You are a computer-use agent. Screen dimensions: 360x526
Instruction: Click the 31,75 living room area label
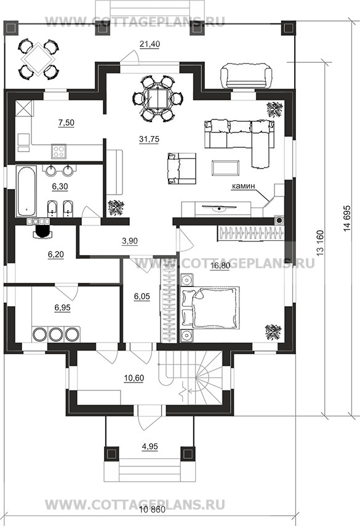coord(149,139)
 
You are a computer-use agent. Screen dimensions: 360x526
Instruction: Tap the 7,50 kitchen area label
coord(66,123)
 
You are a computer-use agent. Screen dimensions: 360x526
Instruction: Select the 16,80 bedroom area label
coord(220,265)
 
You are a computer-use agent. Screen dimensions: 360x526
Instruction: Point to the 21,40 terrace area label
coord(150,44)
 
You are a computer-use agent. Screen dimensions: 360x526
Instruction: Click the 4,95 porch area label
coord(150,447)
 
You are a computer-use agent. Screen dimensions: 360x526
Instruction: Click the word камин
coord(243,185)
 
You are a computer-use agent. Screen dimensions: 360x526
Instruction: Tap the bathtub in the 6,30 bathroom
coord(26,192)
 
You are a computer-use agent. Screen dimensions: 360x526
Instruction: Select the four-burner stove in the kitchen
coord(58,151)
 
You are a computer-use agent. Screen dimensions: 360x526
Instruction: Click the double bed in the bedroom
coord(210,307)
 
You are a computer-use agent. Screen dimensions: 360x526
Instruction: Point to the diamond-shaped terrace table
coord(38,59)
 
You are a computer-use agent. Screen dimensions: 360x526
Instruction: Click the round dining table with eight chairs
coord(157,99)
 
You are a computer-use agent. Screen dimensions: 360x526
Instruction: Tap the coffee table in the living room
coord(226,168)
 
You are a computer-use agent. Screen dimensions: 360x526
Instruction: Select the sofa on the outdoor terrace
coord(246,76)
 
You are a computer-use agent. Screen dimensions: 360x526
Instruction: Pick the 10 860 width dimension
coord(152,510)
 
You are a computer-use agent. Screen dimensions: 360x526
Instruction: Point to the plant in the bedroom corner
coord(274,332)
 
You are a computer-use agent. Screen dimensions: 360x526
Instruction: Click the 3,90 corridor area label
coord(130,241)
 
